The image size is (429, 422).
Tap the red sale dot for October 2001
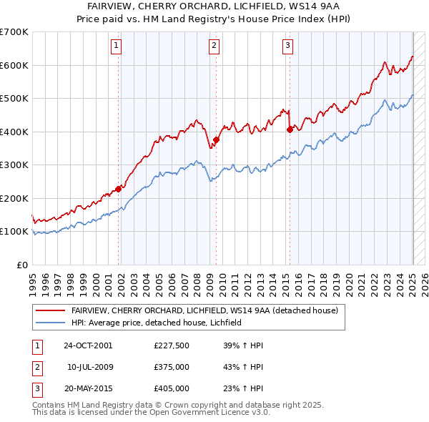tap(119, 189)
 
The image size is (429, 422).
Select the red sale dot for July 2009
tap(216, 140)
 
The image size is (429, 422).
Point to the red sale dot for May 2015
tap(290, 130)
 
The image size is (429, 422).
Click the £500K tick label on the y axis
tap(14, 99)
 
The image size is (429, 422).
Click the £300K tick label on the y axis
tap(14, 165)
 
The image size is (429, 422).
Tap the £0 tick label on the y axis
tap(21, 265)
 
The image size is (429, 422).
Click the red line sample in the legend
tap(50, 310)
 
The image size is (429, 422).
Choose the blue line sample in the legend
tap(50, 323)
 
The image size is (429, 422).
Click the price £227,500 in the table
tap(172, 345)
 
